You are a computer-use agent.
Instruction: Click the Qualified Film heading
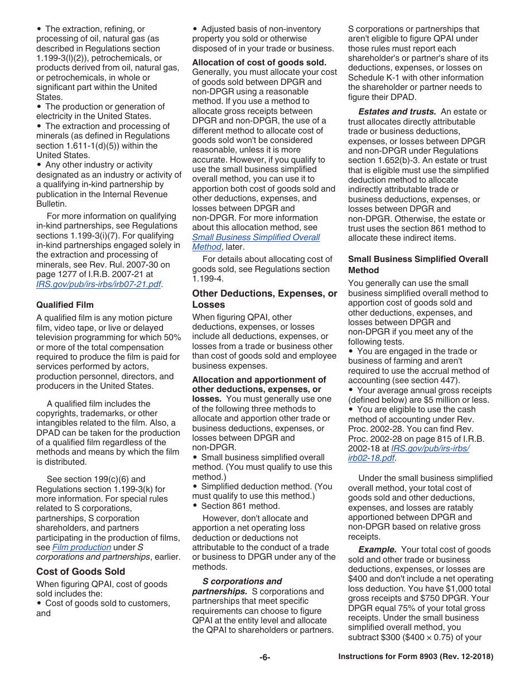[65, 304]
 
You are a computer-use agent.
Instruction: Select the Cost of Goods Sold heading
[80, 571]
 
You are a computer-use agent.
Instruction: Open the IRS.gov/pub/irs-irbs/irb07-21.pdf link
[99, 284]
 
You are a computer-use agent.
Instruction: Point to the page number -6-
[264, 657]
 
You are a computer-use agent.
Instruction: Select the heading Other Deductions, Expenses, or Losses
[264, 299]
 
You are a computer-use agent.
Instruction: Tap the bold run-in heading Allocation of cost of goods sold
[259, 63]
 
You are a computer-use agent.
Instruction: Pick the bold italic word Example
[377, 550]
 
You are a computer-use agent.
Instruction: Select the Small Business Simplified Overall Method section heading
[417, 264]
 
